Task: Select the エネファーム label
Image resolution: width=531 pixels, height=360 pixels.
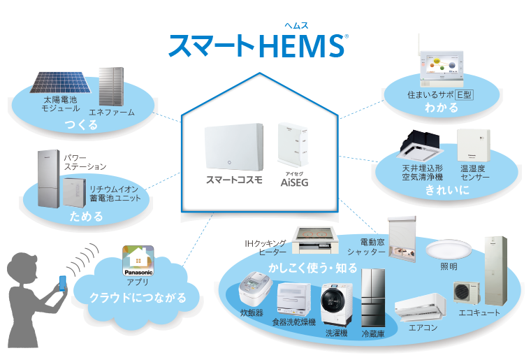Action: [x=112, y=112]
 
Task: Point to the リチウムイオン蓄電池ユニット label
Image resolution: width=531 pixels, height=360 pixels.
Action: [x=115, y=194]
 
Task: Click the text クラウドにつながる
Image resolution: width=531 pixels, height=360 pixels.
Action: [x=138, y=298]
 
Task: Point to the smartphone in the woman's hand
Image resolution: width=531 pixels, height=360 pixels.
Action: [x=62, y=283]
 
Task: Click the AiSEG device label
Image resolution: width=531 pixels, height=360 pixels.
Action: [x=293, y=181]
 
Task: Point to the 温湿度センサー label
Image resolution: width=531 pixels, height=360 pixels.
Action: [x=475, y=173]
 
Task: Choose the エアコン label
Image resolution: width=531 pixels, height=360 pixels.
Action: [x=423, y=326]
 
